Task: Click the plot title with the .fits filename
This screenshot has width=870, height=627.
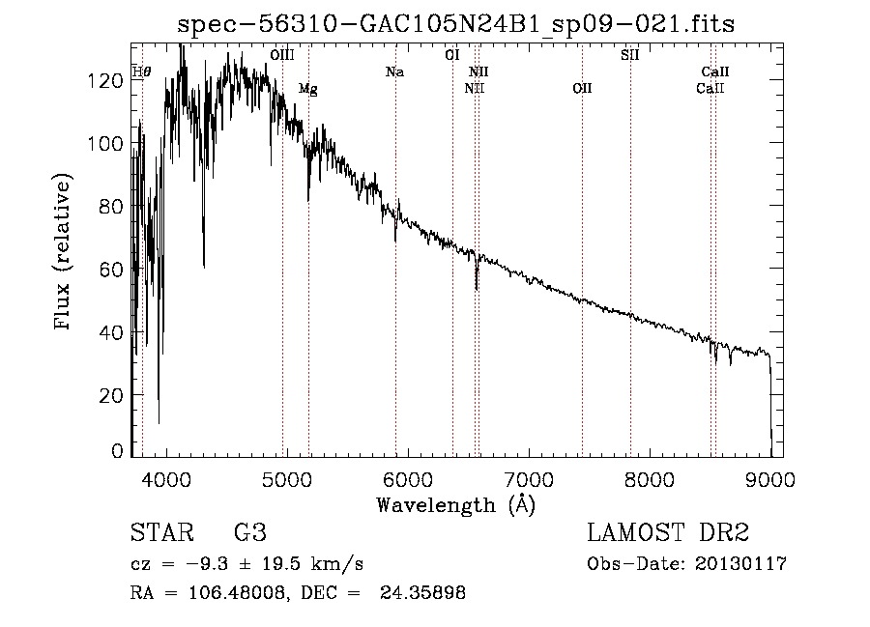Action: [456, 25]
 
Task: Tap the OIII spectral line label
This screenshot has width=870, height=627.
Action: [282, 55]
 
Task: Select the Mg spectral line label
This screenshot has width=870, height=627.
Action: [307, 89]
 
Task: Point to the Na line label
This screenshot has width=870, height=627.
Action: [394, 71]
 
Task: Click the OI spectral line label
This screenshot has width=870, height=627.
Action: [451, 55]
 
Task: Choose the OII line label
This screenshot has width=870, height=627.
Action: [582, 89]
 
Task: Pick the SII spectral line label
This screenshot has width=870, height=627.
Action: [629, 55]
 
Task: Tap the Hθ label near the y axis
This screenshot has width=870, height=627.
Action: [141, 72]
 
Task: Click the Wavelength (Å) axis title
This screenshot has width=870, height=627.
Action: [454, 504]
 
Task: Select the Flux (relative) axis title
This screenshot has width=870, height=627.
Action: [65, 253]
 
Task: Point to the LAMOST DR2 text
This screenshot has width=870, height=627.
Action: [668, 533]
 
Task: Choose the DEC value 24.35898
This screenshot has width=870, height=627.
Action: [426, 593]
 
